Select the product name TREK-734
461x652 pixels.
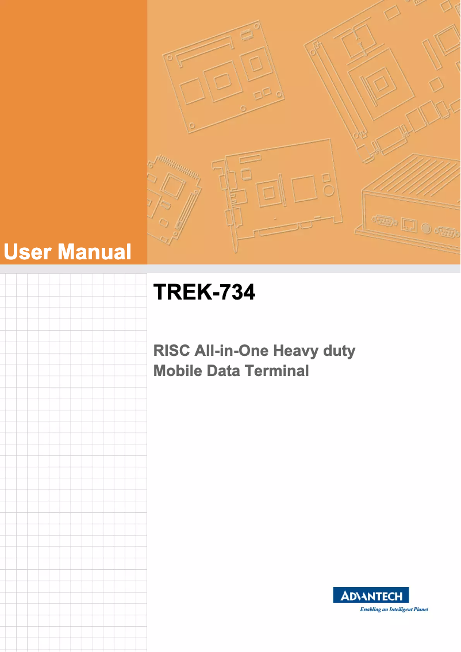pyautogui.click(x=204, y=293)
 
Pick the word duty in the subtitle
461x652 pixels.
pyautogui.click(x=339, y=350)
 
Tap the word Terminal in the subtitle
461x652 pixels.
pyautogui.click(x=276, y=371)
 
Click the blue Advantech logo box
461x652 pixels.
pyautogui.click(x=371, y=596)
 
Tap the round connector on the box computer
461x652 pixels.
pyautogui.click(x=426, y=228)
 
